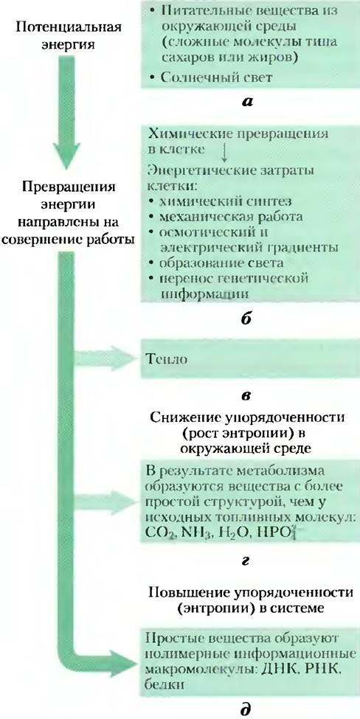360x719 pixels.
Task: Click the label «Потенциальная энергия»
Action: [x=69, y=35]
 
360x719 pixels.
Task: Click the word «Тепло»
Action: [x=167, y=360]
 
